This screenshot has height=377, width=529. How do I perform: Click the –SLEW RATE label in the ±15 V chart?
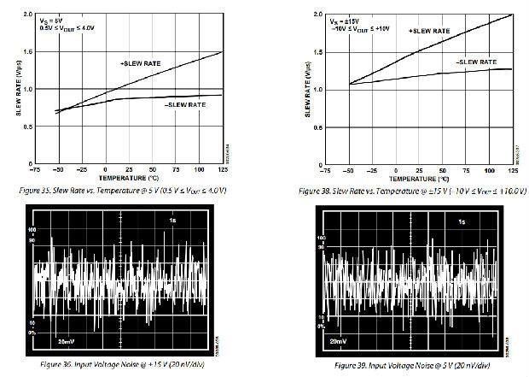[x=475, y=62]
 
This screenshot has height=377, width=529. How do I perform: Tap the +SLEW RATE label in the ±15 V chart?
[x=429, y=31]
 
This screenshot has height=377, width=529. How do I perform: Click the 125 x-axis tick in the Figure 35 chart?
[x=222, y=171]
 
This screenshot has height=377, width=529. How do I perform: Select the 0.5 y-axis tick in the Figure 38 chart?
[x=319, y=127]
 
